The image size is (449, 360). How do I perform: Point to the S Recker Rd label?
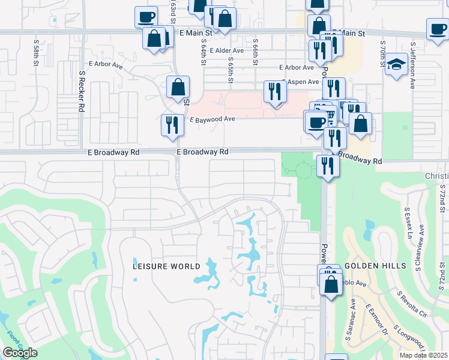[x=81, y=92]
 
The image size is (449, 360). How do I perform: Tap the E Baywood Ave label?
[x=212, y=119]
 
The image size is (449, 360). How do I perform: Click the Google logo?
[x=20, y=353]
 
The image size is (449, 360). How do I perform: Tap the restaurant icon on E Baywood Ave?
[x=172, y=125]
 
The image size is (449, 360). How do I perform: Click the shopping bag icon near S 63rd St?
[x=178, y=88]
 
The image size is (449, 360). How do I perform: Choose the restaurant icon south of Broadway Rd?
[x=327, y=165]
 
